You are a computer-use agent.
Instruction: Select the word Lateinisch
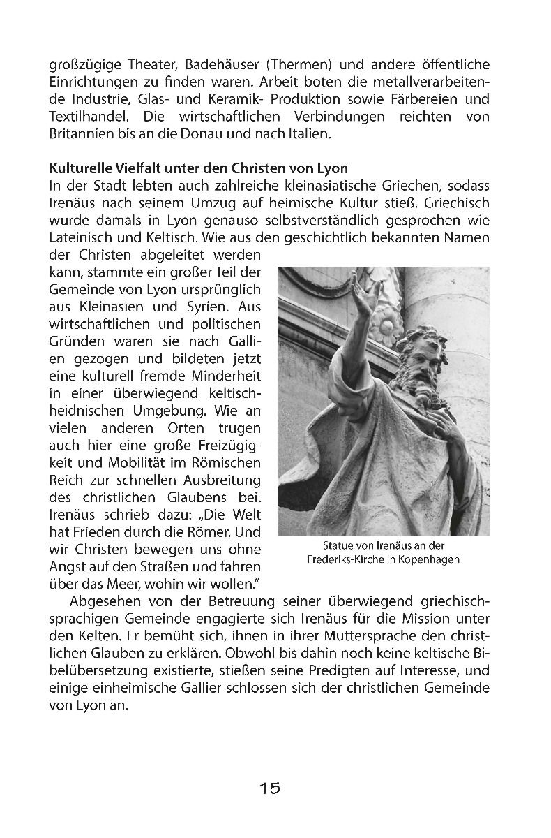click(80, 237)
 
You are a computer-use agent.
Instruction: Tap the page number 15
click(270, 788)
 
